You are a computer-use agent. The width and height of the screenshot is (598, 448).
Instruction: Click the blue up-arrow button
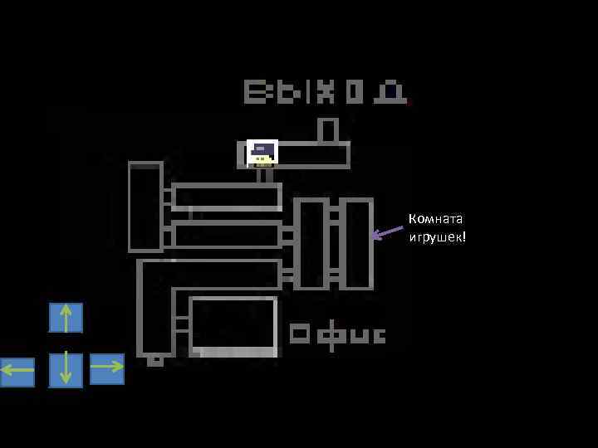(66, 318)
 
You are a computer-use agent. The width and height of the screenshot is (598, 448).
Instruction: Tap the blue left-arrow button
(17, 372)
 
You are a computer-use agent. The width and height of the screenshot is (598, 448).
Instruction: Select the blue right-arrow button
(106, 368)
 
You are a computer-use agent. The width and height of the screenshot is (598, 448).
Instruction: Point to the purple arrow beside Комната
(386, 233)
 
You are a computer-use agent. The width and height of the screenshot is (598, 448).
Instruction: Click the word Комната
(435, 219)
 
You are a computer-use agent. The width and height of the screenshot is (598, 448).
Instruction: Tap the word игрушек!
(437, 237)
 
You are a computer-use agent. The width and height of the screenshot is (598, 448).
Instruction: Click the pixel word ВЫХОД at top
(325, 91)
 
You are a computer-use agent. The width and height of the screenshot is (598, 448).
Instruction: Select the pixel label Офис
(337, 334)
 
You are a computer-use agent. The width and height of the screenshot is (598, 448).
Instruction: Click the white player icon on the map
(262, 153)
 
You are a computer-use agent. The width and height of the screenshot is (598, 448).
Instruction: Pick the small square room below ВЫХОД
(328, 130)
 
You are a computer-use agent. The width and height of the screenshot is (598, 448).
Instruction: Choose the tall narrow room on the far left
(145, 207)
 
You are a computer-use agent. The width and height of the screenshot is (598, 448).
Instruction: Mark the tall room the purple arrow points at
(358, 243)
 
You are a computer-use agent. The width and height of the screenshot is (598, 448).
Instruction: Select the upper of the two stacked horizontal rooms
(227, 197)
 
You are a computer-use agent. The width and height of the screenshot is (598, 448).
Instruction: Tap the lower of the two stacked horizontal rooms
(227, 234)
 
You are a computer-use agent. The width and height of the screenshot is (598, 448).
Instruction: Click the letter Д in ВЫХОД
(390, 91)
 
